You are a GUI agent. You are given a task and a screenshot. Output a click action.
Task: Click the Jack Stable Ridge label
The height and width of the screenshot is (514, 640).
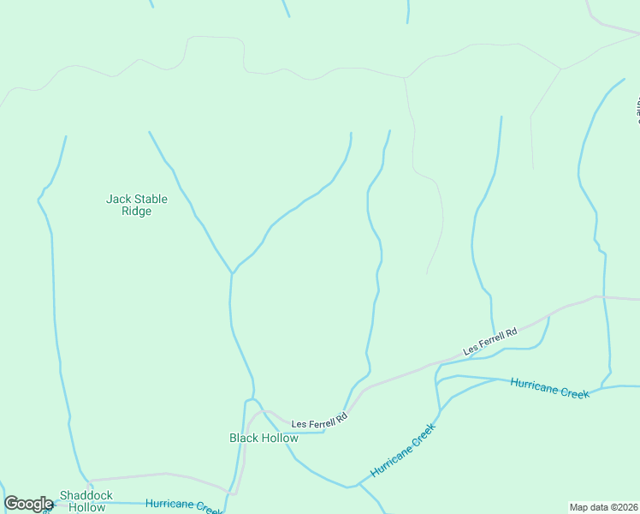pyautogui.click(x=137, y=206)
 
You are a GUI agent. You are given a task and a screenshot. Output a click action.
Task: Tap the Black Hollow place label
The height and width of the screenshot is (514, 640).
pyautogui.click(x=264, y=438)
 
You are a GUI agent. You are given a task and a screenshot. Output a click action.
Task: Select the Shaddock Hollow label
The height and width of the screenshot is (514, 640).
pyautogui.click(x=86, y=501)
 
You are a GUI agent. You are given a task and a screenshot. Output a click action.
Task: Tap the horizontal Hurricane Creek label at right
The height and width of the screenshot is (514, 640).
pyautogui.click(x=549, y=387)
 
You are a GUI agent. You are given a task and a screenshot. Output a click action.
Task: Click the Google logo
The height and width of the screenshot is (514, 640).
pyautogui.click(x=28, y=504)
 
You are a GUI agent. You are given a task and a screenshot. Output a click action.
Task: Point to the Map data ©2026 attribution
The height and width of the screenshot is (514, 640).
pyautogui.click(x=603, y=507)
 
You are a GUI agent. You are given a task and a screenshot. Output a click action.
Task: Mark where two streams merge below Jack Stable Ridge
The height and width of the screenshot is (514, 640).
pyautogui.click(x=232, y=274)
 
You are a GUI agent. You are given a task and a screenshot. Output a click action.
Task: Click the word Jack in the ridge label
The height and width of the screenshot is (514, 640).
pyautogui.click(x=117, y=200)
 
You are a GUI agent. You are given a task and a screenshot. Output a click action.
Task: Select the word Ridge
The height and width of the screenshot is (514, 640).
pyautogui.click(x=137, y=212)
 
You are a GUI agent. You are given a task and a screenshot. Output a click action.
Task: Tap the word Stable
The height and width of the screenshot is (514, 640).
pyautogui.click(x=149, y=200)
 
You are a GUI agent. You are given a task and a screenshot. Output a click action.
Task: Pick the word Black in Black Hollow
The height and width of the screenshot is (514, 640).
pyautogui.click(x=244, y=438)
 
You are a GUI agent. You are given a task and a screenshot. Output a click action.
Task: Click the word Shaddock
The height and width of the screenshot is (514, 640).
pyautogui.click(x=86, y=496)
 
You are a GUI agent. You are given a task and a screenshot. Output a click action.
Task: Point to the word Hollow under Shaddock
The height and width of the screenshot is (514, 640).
pyautogui.click(x=86, y=507)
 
